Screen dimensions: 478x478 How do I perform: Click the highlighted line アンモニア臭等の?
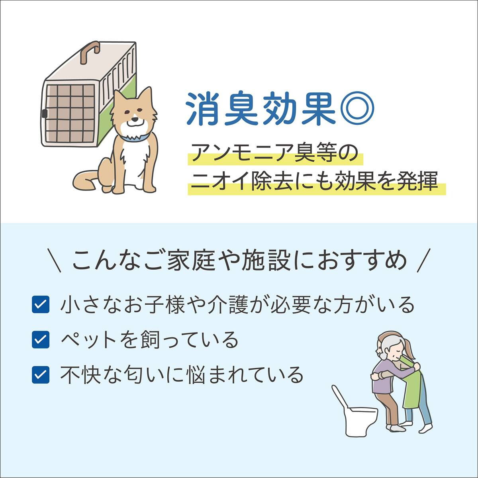coord(275,153)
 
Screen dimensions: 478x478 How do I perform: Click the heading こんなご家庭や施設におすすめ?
coord(239,261)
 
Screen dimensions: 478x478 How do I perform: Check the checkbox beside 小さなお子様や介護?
coord(40,305)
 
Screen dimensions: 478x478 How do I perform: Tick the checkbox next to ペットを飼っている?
coord(40,340)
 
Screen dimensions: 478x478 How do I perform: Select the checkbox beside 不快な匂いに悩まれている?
coord(40,375)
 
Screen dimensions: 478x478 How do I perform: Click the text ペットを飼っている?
coord(149,340)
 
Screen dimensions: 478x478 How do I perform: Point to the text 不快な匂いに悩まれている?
coord(182,375)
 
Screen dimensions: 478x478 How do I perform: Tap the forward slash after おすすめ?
coord(425,261)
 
